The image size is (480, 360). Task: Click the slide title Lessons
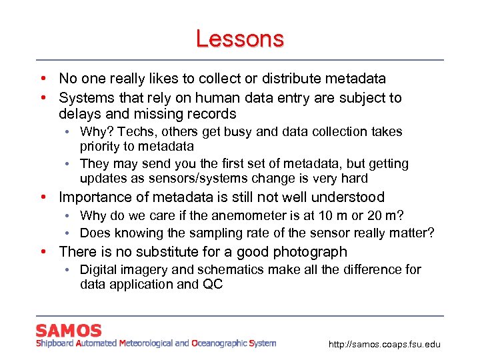pyautogui.click(x=239, y=39)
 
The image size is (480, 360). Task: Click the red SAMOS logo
pyautogui.click(x=69, y=331)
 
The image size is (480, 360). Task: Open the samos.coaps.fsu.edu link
pyautogui.click(x=385, y=344)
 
